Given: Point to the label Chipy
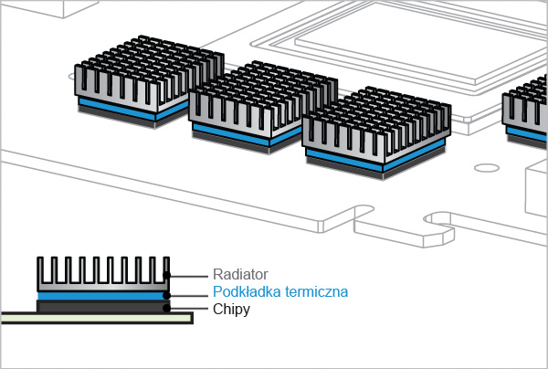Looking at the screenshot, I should pos(231,311).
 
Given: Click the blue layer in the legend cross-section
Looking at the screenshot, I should pos(101,295).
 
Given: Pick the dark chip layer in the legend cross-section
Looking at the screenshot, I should pos(101,306).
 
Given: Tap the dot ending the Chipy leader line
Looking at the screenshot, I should pos(166,308).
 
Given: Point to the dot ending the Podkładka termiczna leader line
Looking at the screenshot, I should pos(166,294).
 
